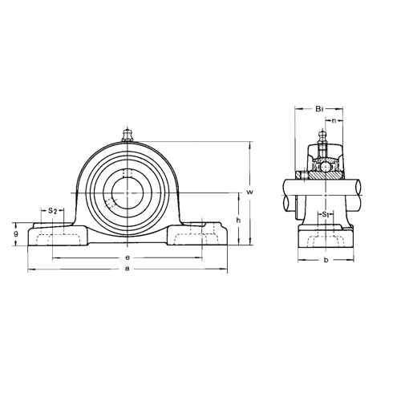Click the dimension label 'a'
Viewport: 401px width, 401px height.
[x=128, y=269]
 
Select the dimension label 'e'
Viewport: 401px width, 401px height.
[x=128, y=257]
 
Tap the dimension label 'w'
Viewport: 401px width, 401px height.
[x=249, y=192]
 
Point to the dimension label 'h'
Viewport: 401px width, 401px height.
[x=239, y=221]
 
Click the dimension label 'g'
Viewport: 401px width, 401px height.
[x=16, y=233]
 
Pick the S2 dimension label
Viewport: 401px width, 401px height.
[x=52, y=211]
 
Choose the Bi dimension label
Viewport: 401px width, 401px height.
[x=320, y=108]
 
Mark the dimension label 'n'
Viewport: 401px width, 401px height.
[x=334, y=121]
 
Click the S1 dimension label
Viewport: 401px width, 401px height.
[x=325, y=214]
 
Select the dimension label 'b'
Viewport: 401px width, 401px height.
[x=326, y=260]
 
